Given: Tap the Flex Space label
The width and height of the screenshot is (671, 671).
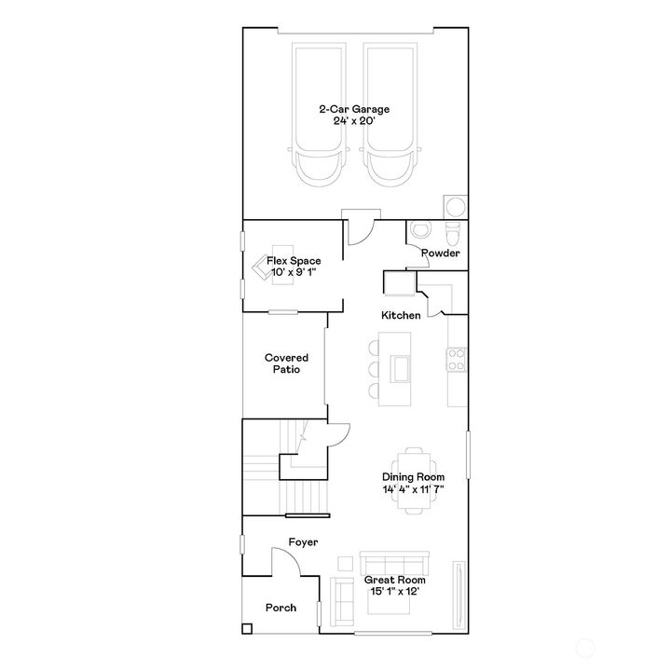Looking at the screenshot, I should (294, 261).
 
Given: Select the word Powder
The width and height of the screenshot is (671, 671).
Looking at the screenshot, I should (440, 253).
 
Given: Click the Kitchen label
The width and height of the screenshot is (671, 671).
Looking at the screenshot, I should (401, 316).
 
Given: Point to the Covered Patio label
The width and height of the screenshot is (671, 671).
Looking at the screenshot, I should (286, 363).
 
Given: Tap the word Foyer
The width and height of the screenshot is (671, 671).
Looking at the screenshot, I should (303, 541).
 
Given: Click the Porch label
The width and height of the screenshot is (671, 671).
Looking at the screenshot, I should (281, 608).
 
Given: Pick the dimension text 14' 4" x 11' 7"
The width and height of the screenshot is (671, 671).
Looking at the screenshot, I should (413, 488).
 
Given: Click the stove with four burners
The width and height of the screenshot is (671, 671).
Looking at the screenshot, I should (457, 359).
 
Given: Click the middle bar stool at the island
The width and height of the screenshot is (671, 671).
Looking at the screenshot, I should (374, 369).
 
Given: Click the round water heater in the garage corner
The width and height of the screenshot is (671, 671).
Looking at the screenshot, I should (456, 205).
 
